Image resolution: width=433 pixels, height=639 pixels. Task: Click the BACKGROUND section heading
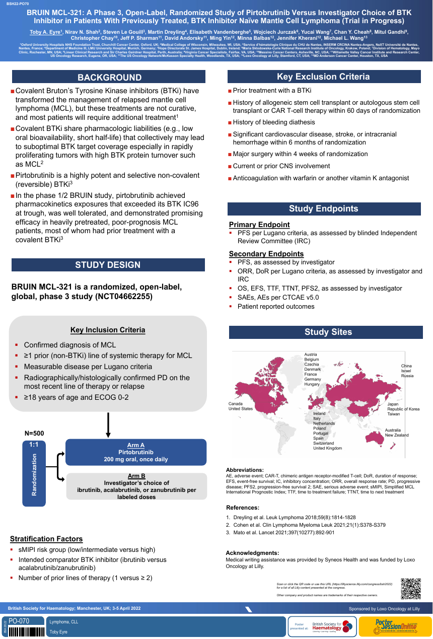(109, 77)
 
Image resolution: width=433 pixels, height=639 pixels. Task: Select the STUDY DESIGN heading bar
(108, 265)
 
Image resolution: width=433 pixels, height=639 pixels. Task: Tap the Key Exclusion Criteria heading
(323, 77)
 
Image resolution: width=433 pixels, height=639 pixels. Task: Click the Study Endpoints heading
(323, 209)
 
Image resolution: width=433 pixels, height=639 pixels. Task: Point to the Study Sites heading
(328, 332)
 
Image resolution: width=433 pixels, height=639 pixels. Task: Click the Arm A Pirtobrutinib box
(135, 452)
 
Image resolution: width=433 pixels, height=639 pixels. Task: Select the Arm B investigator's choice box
(136, 486)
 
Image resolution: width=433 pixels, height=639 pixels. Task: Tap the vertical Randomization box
(34, 473)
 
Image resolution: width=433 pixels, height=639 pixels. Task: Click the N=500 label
(34, 433)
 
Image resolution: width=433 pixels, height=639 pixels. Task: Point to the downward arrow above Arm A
(108, 425)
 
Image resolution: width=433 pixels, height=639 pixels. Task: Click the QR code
(410, 589)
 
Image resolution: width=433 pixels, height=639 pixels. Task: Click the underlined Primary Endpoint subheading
(259, 225)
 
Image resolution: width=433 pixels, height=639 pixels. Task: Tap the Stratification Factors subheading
(46, 539)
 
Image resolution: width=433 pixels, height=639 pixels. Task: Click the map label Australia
(393, 430)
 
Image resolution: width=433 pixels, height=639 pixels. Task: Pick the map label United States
(241, 408)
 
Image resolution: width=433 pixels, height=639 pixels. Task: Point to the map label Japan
(393, 404)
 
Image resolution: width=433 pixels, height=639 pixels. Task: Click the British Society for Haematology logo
(332, 626)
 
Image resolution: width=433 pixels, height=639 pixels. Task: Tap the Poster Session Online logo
(395, 626)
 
